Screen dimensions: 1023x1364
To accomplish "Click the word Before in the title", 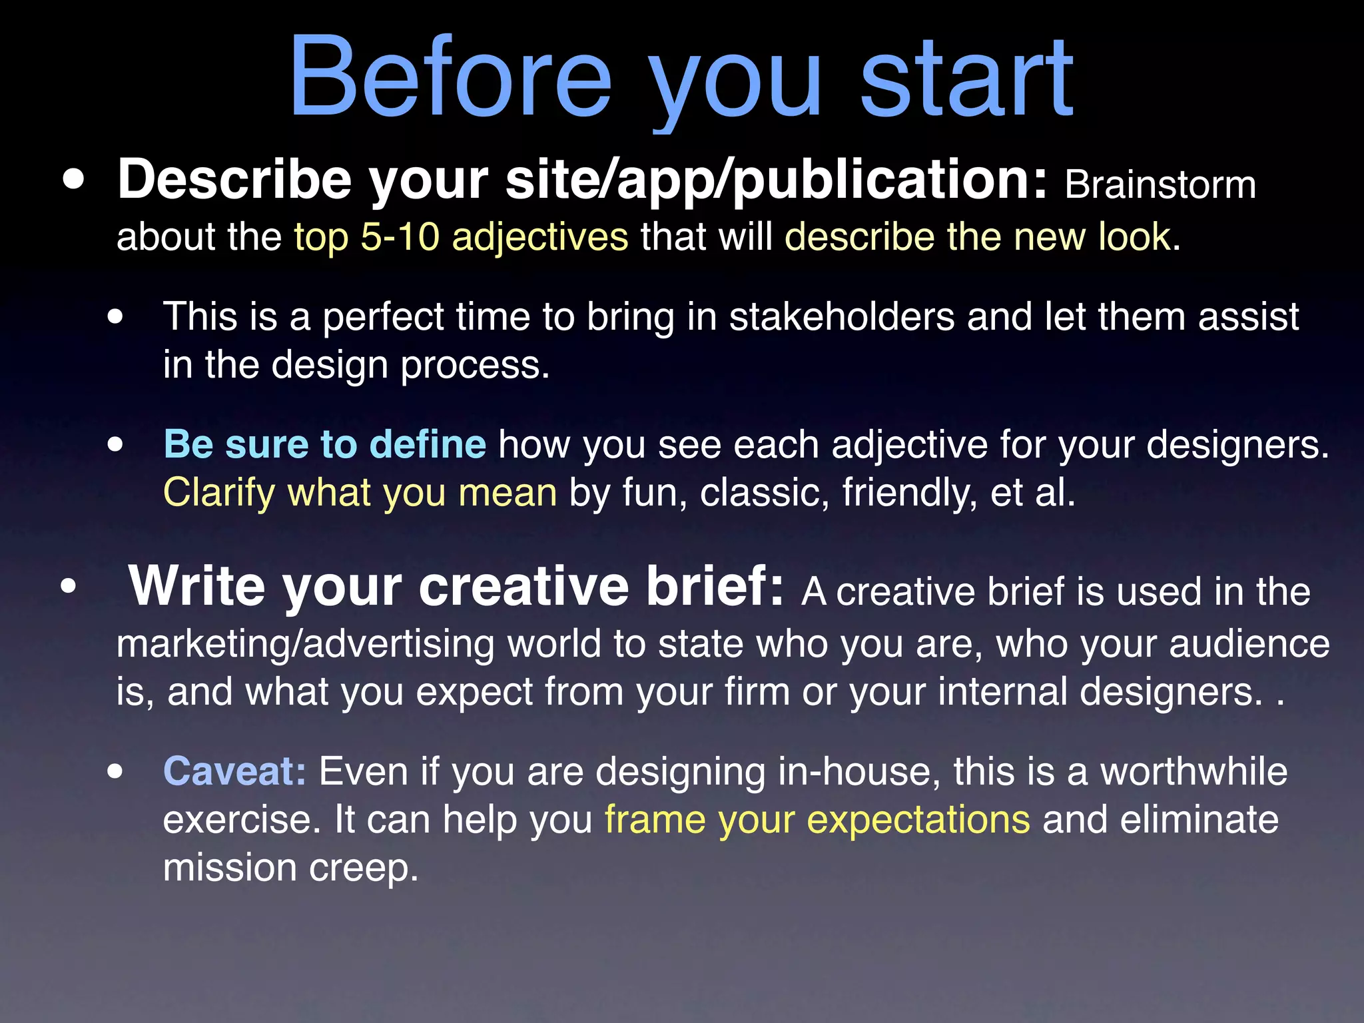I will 450,79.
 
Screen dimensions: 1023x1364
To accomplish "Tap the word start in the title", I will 966,79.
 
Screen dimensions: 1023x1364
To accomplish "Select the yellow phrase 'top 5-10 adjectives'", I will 461,237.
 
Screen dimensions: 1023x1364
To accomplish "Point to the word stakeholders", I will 842,316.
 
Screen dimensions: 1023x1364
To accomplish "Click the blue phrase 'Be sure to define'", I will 324,444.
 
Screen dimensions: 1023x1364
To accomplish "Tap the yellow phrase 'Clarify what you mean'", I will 360,493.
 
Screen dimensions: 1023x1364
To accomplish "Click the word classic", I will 764,493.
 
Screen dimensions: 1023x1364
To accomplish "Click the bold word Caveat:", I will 234,771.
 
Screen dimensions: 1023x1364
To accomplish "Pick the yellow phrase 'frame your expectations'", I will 817,820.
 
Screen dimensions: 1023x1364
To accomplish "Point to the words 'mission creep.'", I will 290,868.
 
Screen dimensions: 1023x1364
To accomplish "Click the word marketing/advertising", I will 305,645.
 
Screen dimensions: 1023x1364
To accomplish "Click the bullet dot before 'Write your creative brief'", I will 69,587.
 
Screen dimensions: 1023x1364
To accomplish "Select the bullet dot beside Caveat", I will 115,772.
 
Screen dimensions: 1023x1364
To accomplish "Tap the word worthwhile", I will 1193,771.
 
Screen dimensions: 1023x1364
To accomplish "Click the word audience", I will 1249,645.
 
